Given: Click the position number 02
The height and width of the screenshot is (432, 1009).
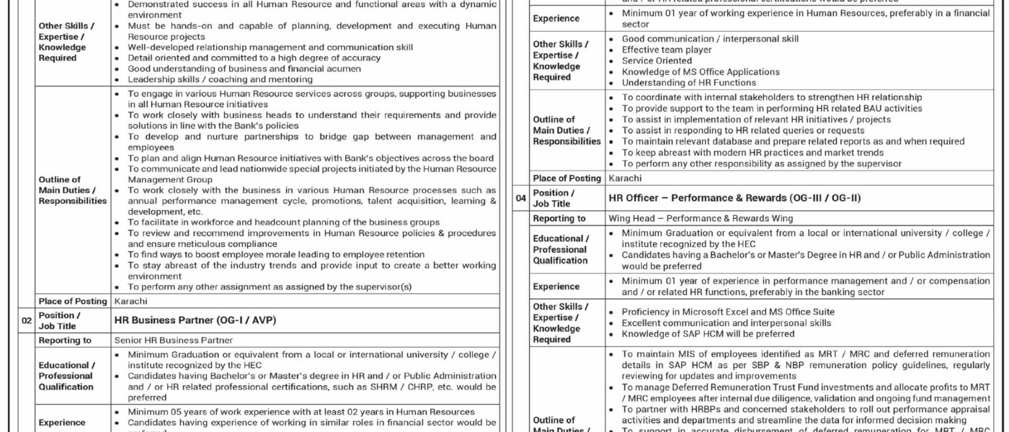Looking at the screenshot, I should pyautogui.click(x=26, y=320).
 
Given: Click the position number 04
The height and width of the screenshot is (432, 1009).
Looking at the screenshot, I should pyautogui.click(x=520, y=197).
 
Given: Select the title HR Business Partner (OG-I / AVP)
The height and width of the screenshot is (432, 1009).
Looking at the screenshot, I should pyautogui.click(x=195, y=320).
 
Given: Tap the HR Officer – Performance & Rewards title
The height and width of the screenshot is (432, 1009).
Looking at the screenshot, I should pyautogui.click(x=734, y=197).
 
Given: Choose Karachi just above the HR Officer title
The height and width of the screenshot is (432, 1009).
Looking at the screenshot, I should pyautogui.click(x=624, y=178).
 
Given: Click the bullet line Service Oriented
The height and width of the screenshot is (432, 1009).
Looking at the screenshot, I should pyautogui.click(x=657, y=61).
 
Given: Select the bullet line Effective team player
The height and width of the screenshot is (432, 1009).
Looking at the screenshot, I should pyautogui.click(x=667, y=50).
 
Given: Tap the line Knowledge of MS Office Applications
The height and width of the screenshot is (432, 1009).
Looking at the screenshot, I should pyautogui.click(x=690, y=72).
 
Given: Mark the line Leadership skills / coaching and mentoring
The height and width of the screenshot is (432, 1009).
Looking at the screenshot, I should pyautogui.click(x=221, y=79).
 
